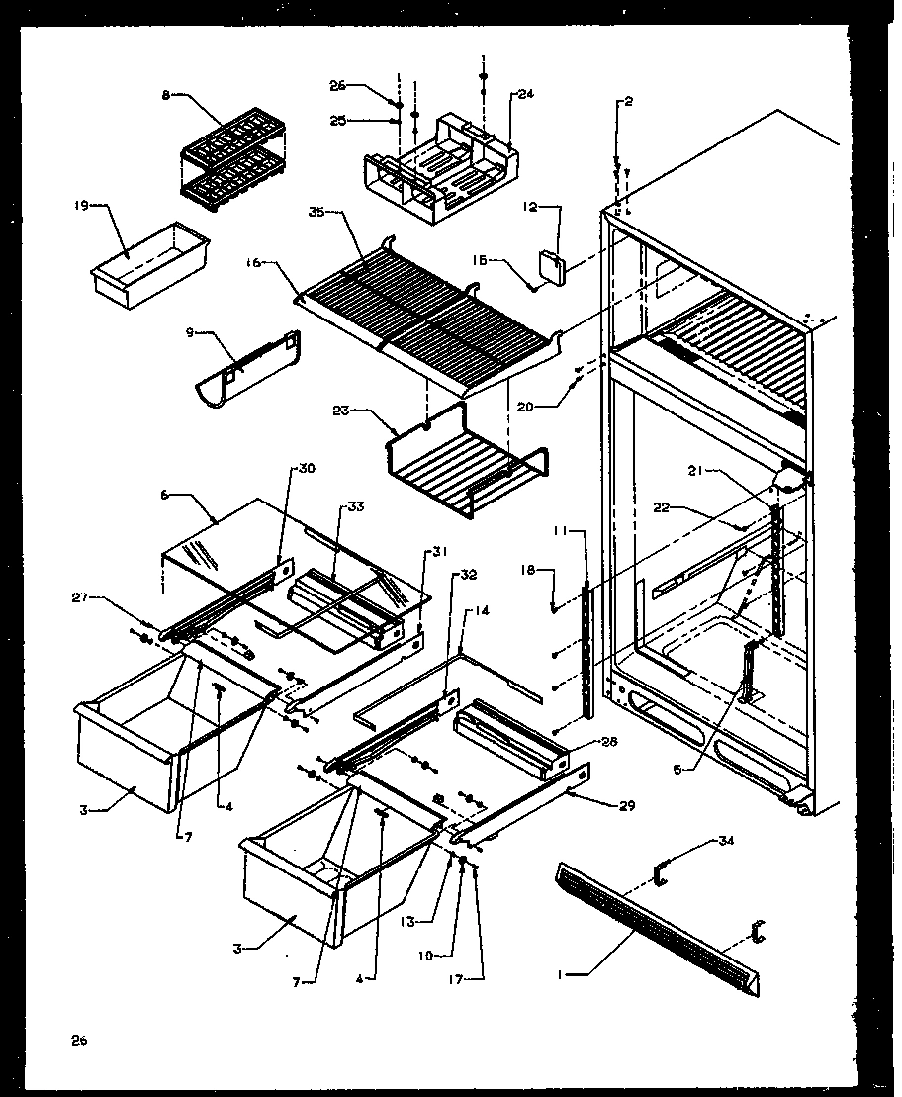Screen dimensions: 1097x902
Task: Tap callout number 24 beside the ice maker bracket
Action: pyautogui.click(x=523, y=95)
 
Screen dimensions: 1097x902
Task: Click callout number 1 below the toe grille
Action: pyautogui.click(x=561, y=974)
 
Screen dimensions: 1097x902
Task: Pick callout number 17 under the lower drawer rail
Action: pyautogui.click(x=477, y=979)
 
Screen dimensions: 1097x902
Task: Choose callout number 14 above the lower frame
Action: pyautogui.click(x=482, y=611)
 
